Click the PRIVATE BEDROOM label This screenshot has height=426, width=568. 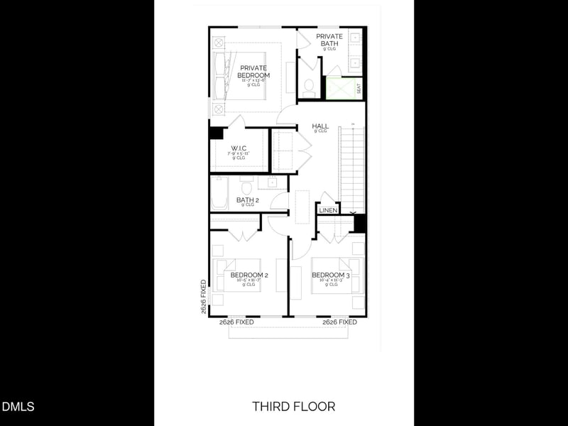(x=253, y=72)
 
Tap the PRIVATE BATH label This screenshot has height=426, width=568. (x=329, y=40)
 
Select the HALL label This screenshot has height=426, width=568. (x=320, y=126)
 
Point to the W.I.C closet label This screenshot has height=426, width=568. (x=238, y=149)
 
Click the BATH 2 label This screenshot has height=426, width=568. (x=248, y=200)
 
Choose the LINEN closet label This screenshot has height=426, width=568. (x=328, y=210)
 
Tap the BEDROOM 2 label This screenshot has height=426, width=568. (x=248, y=275)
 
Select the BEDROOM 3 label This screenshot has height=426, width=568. (x=330, y=275)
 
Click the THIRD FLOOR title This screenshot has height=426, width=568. (x=293, y=406)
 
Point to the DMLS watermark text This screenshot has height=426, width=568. (x=18, y=407)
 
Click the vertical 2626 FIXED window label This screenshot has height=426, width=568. (x=203, y=297)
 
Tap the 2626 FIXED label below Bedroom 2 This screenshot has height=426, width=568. (x=236, y=322)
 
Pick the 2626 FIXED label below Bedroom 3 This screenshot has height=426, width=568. (x=339, y=322)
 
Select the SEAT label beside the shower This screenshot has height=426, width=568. (x=359, y=89)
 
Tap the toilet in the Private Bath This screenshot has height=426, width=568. (x=309, y=87)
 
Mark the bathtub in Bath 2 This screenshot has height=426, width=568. (x=219, y=193)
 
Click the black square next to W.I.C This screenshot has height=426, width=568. (x=216, y=133)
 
